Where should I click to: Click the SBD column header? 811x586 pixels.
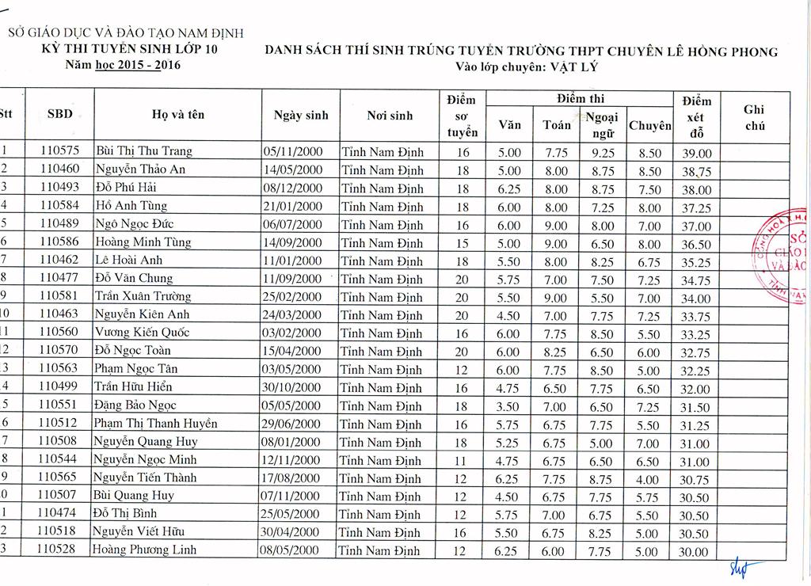pyautogui.click(x=59, y=114)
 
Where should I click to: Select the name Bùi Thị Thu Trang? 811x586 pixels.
pyautogui.click(x=143, y=150)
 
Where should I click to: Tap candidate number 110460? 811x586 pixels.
pyautogui.click(x=59, y=169)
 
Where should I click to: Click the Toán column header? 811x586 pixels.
pyautogui.click(x=557, y=124)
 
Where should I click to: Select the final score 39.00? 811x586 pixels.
pyautogui.click(x=695, y=153)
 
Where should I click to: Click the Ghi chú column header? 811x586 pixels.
pyautogui.click(x=754, y=118)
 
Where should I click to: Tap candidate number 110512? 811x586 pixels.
pyautogui.click(x=59, y=424)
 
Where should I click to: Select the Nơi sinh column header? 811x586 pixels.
pyautogui.click(x=390, y=115)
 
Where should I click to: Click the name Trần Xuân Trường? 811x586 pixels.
pyautogui.click(x=143, y=296)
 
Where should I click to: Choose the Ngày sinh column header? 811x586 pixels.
pyautogui.click(x=301, y=115)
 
